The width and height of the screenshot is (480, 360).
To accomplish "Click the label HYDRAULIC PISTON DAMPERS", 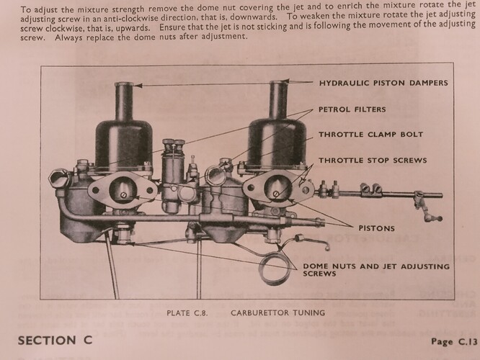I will point(383,83).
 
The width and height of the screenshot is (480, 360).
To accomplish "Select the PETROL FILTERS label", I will point(352,109).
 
